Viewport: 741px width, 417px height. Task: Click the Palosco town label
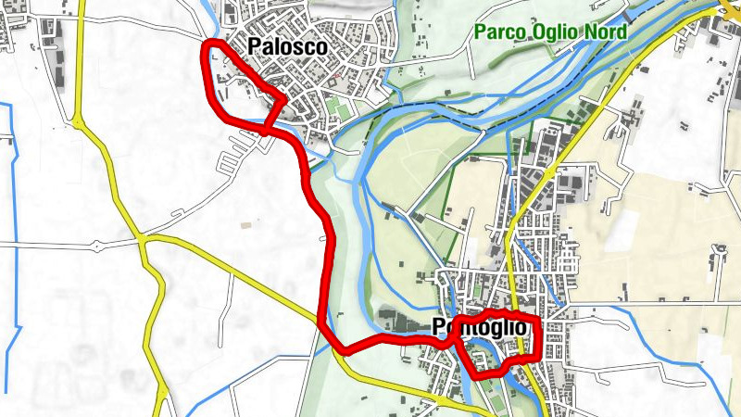287,47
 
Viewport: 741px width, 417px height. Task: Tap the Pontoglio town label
480,328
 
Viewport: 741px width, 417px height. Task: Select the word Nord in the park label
606,32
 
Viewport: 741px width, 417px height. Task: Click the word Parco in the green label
500,32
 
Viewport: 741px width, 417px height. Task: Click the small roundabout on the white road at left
96,246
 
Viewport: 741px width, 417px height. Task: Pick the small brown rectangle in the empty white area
245,225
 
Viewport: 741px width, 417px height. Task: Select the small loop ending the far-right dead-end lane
718,249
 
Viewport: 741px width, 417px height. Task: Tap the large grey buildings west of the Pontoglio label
398,321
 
